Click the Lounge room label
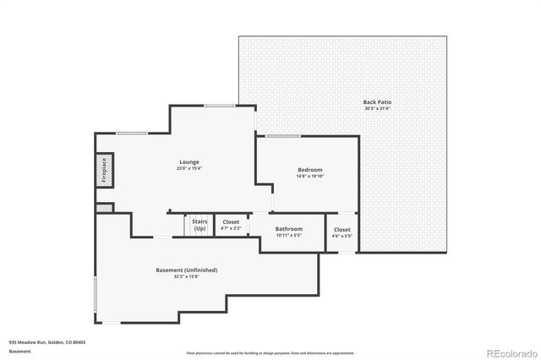pos(189,161)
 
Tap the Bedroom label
pos(309,170)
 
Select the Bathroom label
pos(289,228)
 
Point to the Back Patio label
pos(377,101)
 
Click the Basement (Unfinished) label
pos(187,270)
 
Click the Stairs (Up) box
pos(199,226)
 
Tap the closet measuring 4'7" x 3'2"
pos(231,226)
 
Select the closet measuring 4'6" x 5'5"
pos(342,232)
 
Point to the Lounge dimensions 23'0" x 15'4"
pos(189,168)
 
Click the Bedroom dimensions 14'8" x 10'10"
pos(309,177)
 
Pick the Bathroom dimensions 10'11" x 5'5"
pos(289,235)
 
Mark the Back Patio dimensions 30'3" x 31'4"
pos(377,108)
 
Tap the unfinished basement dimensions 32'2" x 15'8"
pos(187,276)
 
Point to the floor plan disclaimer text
pos(270,352)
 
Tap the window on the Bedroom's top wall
pos(283,136)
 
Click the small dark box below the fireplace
pos(104,207)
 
